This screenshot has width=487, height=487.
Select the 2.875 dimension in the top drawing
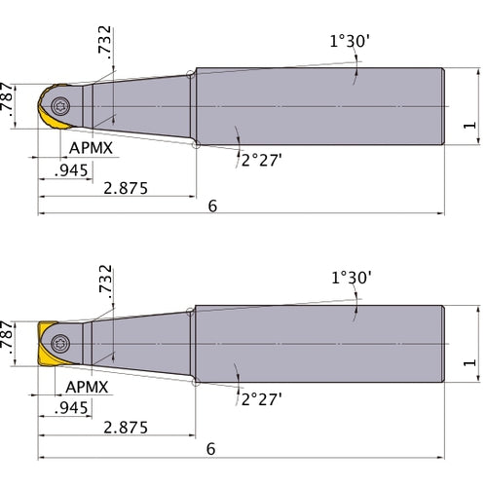[124, 188]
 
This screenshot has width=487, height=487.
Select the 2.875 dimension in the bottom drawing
[124, 426]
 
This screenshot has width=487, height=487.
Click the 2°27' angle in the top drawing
[260, 158]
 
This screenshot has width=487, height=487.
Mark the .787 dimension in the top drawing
[9, 103]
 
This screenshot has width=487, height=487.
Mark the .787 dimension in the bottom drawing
[9, 341]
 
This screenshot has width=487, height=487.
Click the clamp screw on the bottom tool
[60, 343]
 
